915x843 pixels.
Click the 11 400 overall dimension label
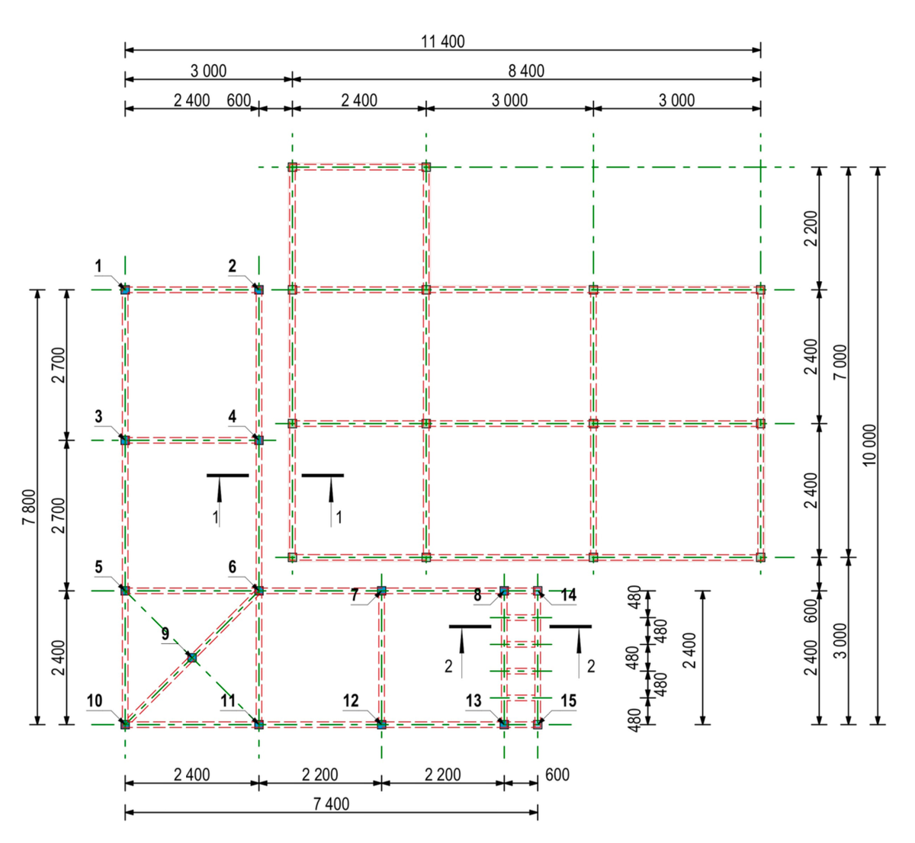[x=442, y=42]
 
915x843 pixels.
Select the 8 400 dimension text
[x=526, y=71]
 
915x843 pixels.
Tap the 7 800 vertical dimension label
[x=28, y=507]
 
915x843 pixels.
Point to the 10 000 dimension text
[x=869, y=445]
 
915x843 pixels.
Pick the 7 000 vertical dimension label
[x=840, y=362]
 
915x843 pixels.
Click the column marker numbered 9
[x=192, y=657]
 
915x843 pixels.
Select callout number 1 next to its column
[x=98, y=265]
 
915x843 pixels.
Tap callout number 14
[x=568, y=595]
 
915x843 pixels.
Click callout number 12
[x=351, y=700]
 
